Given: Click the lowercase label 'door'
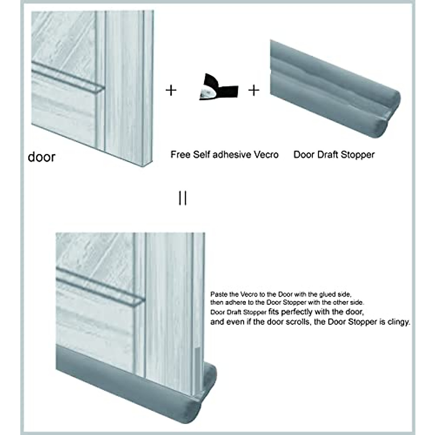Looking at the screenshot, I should pyautogui.click(x=41, y=157).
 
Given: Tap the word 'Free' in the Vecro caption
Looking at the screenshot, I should pyautogui.click(x=180, y=155).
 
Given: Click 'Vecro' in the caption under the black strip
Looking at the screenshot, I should pyautogui.click(x=266, y=155).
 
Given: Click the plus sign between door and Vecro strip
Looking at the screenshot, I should pyautogui.click(x=171, y=90).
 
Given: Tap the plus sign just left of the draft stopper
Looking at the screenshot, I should pyautogui.click(x=254, y=90).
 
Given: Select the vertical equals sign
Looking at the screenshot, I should pyautogui.click(x=183, y=198).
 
